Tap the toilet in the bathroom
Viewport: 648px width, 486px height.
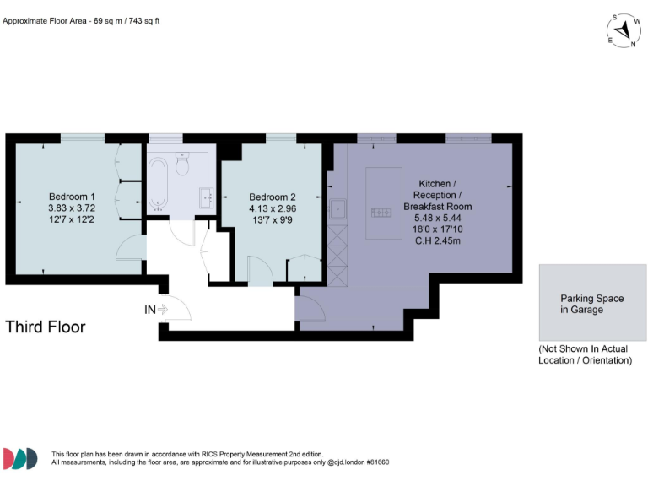click(182, 166)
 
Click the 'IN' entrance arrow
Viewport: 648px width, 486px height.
click(158, 310)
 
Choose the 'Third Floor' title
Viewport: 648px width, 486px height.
click(46, 327)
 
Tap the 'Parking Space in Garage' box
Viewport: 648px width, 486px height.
click(592, 304)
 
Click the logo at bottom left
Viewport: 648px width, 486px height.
click(21, 458)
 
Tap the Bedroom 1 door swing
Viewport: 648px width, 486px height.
click(130, 249)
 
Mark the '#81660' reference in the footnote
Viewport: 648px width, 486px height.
click(375, 462)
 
